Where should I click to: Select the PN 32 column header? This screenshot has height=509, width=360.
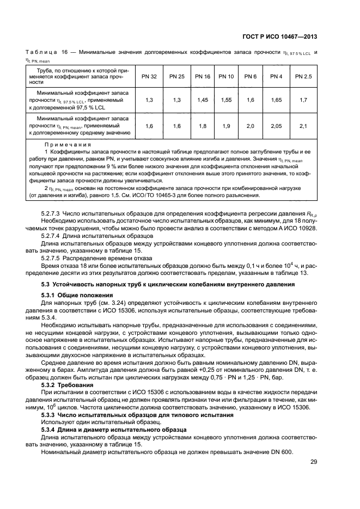[149, 77]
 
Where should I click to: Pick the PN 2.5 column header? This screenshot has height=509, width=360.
[303, 77]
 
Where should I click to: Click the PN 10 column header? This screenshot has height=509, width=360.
[226, 77]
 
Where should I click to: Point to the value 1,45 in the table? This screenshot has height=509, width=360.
[203, 101]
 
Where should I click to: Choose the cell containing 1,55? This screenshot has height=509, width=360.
[226, 101]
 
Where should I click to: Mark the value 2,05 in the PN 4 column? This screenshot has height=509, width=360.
[276, 126]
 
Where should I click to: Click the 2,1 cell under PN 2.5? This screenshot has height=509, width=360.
[303, 126]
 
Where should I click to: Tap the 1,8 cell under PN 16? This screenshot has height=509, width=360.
[203, 126]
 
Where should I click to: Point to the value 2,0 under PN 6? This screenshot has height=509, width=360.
[250, 126]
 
